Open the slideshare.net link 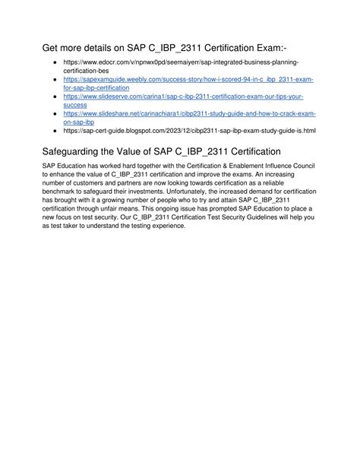tap(189, 113)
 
